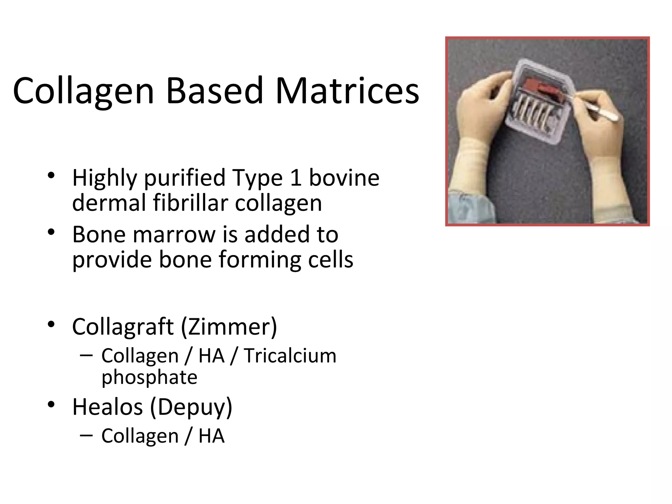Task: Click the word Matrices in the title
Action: point(347,91)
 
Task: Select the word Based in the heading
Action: point(215,91)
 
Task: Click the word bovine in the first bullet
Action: point(344,178)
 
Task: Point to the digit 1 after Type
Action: point(296,178)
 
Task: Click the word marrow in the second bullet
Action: point(175,235)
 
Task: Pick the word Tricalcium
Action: point(290,356)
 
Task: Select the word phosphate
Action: point(149,377)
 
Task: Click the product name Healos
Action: point(108,407)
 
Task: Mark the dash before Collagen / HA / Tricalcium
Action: point(86,355)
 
